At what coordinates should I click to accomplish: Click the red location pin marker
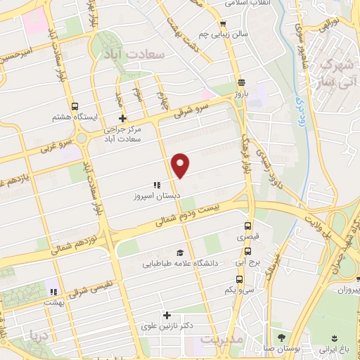tap(181, 165)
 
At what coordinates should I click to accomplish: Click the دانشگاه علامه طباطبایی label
tap(179, 264)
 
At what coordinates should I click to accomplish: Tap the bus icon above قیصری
tap(247, 226)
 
